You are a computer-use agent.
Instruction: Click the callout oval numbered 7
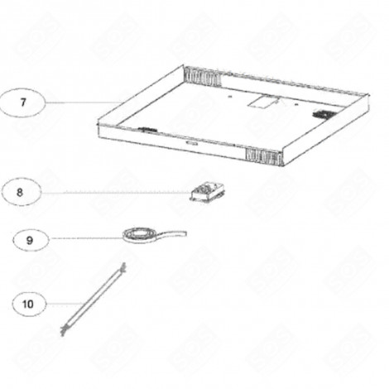click(22, 103)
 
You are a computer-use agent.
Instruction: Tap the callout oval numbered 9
click(29, 239)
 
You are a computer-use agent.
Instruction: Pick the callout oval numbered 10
click(28, 304)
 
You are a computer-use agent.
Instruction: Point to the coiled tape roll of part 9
click(137, 237)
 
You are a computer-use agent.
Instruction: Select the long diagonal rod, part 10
click(92, 296)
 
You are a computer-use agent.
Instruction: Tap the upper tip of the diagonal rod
click(122, 265)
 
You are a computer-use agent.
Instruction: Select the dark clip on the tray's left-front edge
click(148, 128)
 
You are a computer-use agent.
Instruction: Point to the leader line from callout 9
click(83, 239)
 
